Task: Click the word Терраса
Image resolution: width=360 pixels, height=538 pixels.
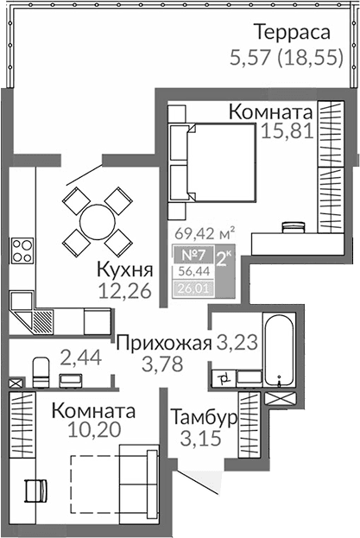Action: pos(292,33)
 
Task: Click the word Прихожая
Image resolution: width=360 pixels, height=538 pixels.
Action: pos(163,342)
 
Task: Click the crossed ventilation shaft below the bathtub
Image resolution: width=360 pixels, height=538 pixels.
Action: pos(281,400)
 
